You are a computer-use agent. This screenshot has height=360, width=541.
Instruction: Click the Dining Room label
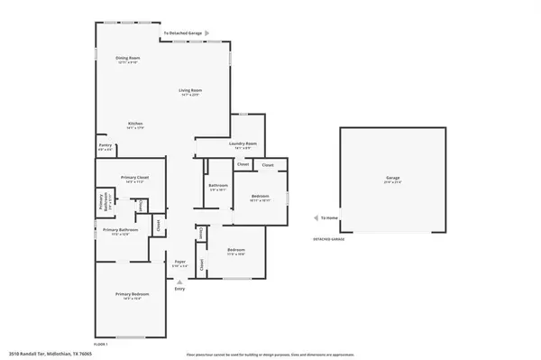point(127,58)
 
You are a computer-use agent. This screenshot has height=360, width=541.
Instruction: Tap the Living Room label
point(188,90)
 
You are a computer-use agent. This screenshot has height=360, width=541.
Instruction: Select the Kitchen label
point(134,124)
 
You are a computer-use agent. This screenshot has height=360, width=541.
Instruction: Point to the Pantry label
point(105,146)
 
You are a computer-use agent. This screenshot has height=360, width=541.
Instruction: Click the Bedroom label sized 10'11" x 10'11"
point(260,196)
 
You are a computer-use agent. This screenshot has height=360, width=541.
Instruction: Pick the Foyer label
point(179,263)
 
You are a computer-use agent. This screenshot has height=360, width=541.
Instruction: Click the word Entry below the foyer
point(179,289)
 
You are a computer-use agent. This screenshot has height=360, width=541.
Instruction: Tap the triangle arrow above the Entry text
point(179,281)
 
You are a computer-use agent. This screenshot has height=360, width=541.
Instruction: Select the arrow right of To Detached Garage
point(207,33)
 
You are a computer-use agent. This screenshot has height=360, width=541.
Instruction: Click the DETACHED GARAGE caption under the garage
point(330,239)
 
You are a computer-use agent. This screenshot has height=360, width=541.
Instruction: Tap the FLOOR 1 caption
point(100,344)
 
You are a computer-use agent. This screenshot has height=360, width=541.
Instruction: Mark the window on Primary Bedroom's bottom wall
point(132,337)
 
